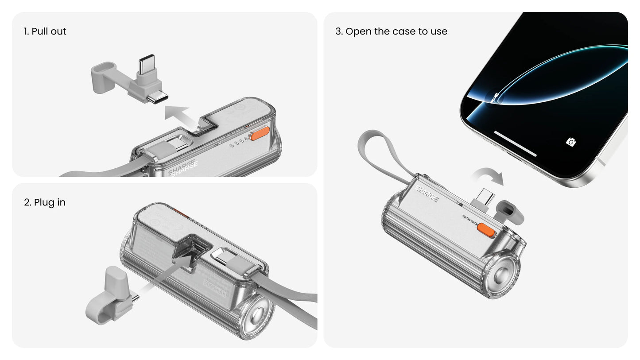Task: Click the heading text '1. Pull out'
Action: tap(45, 31)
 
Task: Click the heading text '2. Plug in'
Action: tap(45, 202)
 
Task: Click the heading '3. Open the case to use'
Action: tap(391, 31)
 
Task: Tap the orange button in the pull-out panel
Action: tap(260, 133)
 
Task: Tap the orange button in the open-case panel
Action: tap(486, 230)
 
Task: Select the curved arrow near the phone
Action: tap(488, 176)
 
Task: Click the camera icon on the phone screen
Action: tap(571, 142)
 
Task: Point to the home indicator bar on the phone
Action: tap(515, 143)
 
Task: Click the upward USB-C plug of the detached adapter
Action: tap(146, 65)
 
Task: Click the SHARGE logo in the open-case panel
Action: tap(427, 194)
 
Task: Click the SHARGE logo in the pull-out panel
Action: tap(182, 168)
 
